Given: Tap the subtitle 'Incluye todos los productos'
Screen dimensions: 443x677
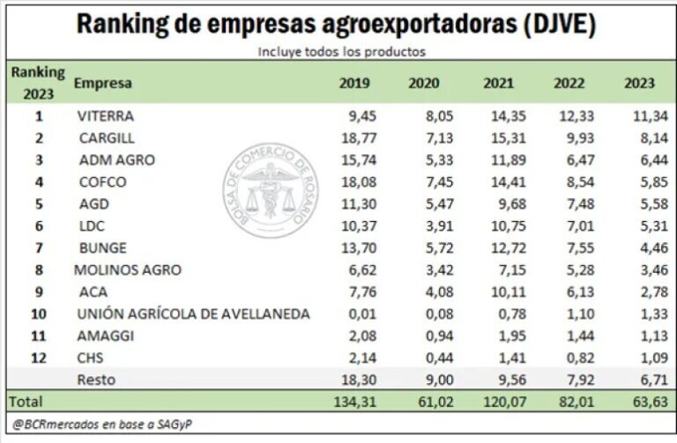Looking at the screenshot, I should pyautogui.click(x=342, y=51).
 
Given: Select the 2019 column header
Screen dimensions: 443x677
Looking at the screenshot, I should pyautogui.click(x=354, y=84).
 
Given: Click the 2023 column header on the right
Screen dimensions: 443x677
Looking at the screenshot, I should pyautogui.click(x=639, y=84).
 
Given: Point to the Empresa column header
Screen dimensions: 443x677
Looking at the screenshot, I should pyautogui.click(x=103, y=84).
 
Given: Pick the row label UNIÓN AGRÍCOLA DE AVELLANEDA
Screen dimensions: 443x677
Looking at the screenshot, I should pyautogui.click(x=193, y=314).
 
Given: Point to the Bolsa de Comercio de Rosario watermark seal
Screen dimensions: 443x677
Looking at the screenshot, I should pyautogui.click(x=269, y=190).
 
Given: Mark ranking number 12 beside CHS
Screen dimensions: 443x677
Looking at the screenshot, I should pyautogui.click(x=39, y=358).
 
